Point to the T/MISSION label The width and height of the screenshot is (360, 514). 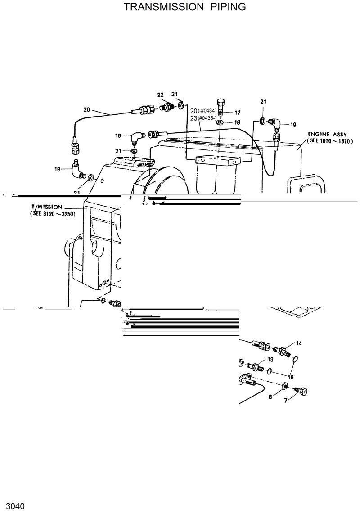(x=46, y=206)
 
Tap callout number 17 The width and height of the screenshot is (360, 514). (x=238, y=112)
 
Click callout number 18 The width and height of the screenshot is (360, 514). (x=238, y=122)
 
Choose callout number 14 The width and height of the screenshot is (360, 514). (x=299, y=343)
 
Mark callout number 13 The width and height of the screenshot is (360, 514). (x=270, y=359)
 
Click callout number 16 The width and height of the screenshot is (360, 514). (x=291, y=377)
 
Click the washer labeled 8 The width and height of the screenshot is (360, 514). (x=284, y=386)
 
